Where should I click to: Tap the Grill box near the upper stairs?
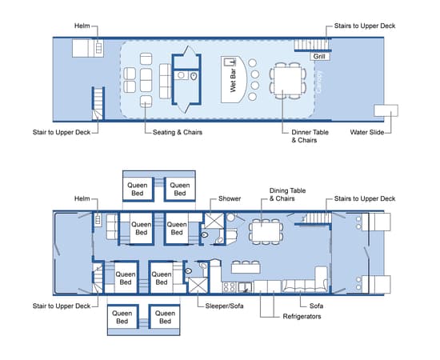coord(319,56)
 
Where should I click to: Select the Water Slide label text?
coord(366,132)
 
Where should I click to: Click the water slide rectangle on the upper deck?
coord(386,110)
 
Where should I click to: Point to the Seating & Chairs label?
coord(178,132)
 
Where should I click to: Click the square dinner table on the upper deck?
coord(288,81)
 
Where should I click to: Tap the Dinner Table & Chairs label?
coord(310,136)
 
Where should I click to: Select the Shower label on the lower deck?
coord(230,198)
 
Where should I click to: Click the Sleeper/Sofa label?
coord(224,306)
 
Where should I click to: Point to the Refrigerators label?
coord(302,317)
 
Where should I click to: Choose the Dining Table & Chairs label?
coord(287,194)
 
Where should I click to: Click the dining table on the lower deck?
coord(266,232)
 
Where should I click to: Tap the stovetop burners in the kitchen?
coord(230,287)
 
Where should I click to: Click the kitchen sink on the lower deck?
coord(245,287)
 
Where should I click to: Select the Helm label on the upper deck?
coord(82,26)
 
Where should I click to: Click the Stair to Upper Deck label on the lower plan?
coord(62,306)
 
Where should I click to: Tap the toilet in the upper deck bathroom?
coord(194,76)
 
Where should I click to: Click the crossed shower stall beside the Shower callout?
coord(214,221)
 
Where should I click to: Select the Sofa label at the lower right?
coord(316,306)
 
